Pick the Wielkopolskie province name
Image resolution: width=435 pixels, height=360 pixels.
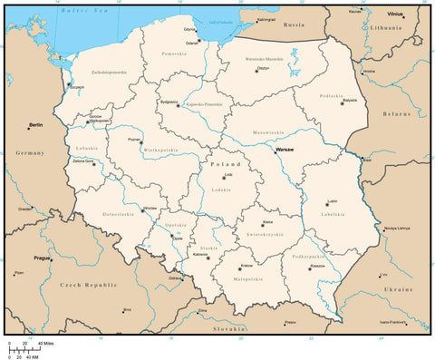point(157,151)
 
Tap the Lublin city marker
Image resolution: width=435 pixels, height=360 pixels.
point(327,205)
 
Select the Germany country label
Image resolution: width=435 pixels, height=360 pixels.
point(30,153)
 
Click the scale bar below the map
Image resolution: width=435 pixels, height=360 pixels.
point(25,349)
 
